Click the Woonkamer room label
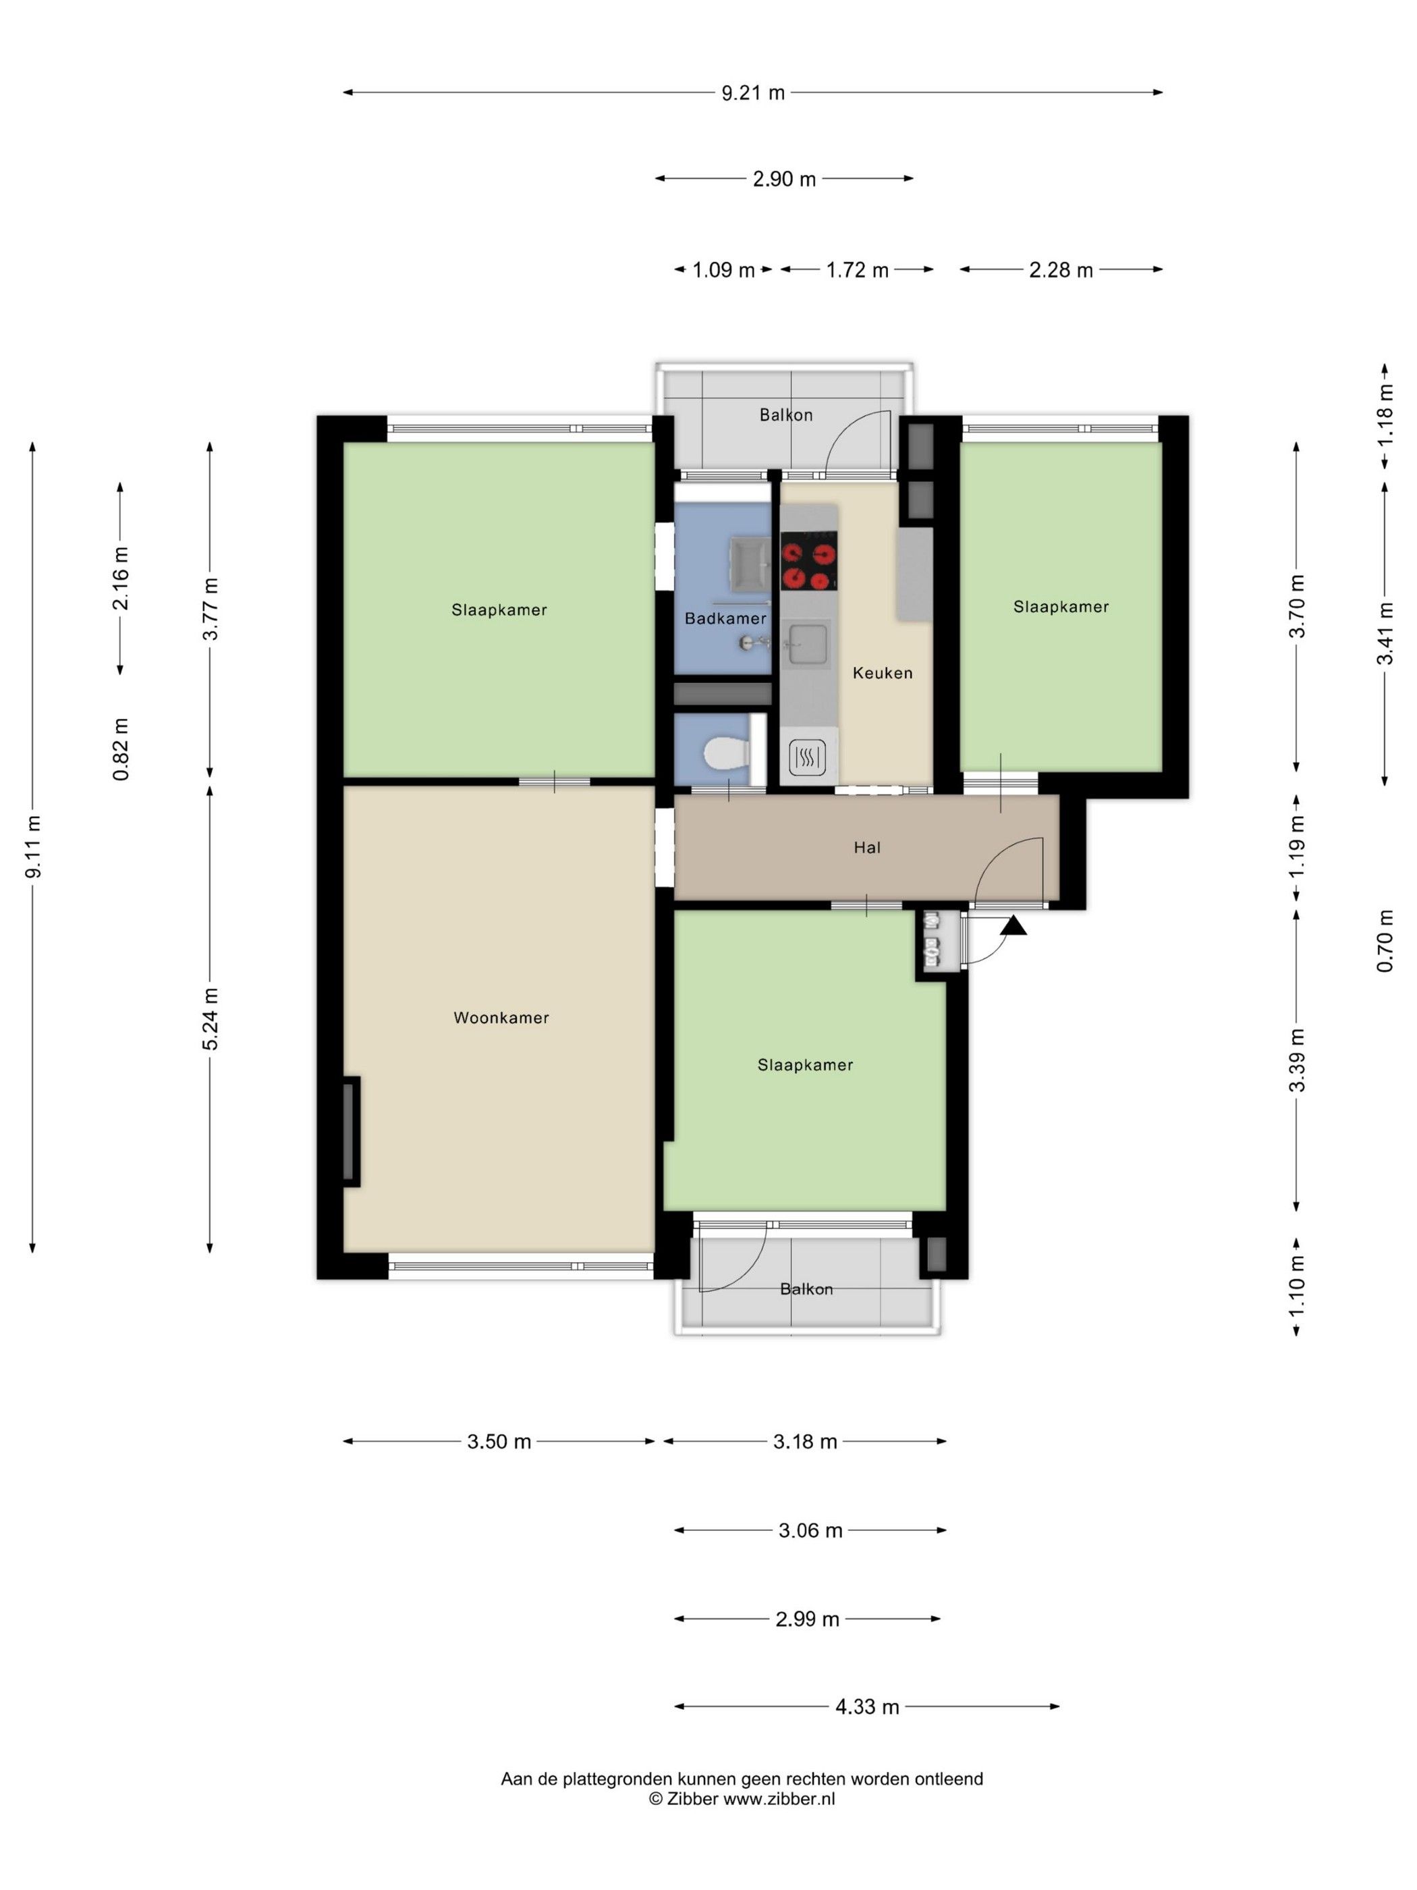click(x=501, y=1018)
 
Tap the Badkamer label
click(x=725, y=618)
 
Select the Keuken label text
click(x=883, y=673)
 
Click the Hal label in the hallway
click(x=867, y=848)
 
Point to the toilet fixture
click(x=726, y=753)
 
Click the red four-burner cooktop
click(x=808, y=562)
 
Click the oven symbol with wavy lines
click(x=807, y=756)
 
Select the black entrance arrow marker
click(x=1014, y=925)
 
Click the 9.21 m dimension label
click(x=752, y=92)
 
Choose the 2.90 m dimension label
click(x=784, y=179)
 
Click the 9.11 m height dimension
click(x=33, y=846)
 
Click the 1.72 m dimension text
click(x=857, y=270)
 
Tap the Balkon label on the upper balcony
click(x=786, y=415)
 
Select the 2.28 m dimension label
click(x=1061, y=270)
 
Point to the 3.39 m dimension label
click(x=1298, y=1060)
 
